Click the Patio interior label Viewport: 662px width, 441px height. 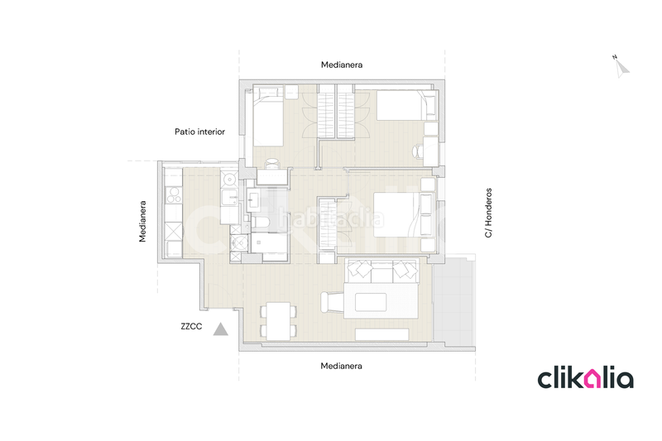click(x=199, y=132)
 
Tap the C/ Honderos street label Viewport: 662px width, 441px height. click(x=489, y=212)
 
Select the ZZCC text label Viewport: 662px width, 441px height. click(x=191, y=327)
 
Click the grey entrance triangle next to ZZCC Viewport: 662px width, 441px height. click(x=221, y=329)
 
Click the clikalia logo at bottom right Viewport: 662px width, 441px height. click(x=585, y=378)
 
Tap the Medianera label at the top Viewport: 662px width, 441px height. click(x=342, y=65)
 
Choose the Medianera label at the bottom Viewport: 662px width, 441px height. click(x=342, y=365)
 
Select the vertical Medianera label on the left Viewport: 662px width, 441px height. click(x=142, y=221)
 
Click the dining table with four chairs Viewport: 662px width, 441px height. click(x=277, y=321)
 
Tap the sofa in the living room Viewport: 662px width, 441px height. click(x=381, y=270)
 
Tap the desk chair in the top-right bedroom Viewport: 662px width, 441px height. click(x=417, y=151)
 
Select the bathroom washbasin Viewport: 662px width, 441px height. click(x=255, y=199)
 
